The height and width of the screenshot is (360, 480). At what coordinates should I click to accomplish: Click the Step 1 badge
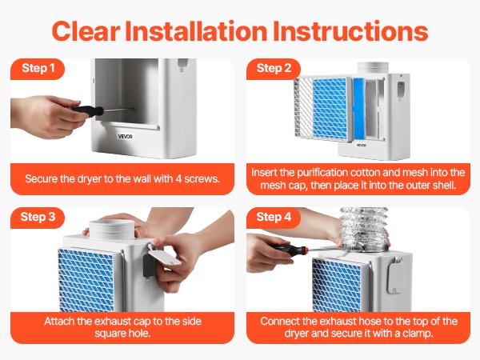(38, 69)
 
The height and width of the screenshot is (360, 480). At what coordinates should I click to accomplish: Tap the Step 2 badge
(274, 69)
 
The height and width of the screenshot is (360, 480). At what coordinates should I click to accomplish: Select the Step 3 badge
(38, 218)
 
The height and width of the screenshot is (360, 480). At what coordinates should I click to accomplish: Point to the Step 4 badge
(274, 218)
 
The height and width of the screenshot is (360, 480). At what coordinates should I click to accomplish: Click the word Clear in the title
(86, 31)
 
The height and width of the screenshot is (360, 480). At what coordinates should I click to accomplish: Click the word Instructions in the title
(350, 31)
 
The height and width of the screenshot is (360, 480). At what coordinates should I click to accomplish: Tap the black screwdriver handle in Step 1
(87, 110)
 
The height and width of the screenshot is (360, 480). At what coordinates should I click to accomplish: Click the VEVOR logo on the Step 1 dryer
(126, 136)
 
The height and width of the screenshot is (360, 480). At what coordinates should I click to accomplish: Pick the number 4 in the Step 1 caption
(178, 178)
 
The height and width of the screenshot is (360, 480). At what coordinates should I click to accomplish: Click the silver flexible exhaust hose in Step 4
(365, 227)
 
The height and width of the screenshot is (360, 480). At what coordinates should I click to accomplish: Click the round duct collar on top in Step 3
(112, 230)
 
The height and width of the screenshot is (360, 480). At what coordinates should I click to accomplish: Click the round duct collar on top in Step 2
(373, 68)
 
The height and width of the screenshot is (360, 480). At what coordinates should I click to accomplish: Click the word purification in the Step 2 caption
(322, 173)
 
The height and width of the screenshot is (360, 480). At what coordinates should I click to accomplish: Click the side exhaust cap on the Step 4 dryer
(395, 277)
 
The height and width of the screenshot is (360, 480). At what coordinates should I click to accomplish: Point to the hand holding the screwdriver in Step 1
(46, 115)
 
